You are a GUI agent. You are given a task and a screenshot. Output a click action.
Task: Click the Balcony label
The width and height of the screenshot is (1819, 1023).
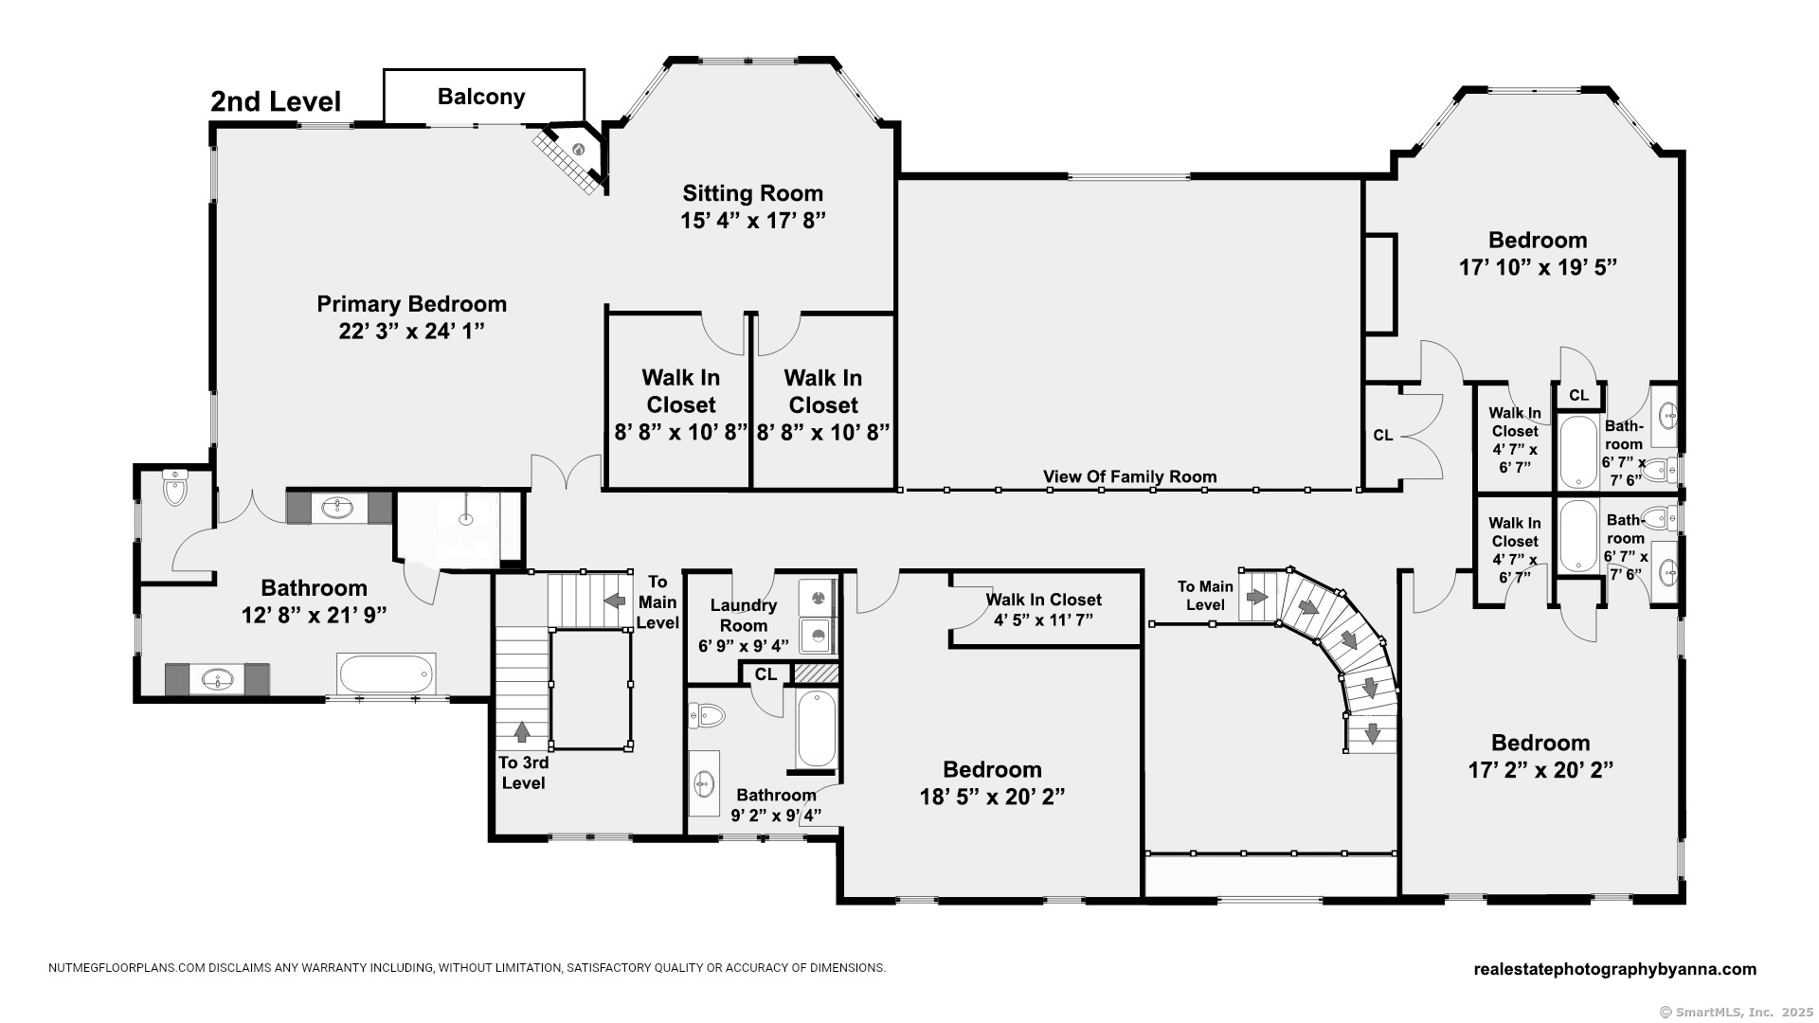pos(481,97)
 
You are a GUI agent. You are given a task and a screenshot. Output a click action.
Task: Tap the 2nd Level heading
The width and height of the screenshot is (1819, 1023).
pos(276,101)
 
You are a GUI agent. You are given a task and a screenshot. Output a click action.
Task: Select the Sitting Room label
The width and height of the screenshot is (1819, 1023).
pos(753,193)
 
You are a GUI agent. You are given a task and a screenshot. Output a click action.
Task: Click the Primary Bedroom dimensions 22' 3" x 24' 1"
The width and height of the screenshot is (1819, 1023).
pos(411,332)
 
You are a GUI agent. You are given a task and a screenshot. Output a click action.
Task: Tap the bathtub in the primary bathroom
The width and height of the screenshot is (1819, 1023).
pos(387,674)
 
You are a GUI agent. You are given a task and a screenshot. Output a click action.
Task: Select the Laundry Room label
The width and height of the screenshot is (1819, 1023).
pos(744,615)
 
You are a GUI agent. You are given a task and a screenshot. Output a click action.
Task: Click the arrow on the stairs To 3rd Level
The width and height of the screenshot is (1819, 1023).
pos(521,731)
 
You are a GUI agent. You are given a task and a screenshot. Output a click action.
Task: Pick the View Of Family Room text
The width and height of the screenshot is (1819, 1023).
pos(1130,476)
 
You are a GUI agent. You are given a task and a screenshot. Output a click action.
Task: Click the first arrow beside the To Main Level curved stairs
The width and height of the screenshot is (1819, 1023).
pos(1256,597)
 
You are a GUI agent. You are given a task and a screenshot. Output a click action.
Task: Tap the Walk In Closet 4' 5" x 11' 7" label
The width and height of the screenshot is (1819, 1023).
pos(1043,609)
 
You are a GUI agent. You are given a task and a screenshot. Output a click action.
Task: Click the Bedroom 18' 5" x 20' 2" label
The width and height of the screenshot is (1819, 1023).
pos(992,783)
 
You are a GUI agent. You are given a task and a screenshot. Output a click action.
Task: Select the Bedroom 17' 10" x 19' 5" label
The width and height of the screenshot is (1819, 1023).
pos(1537,254)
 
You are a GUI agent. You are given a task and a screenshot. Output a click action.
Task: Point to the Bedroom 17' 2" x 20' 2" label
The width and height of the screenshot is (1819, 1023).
pos(1540,756)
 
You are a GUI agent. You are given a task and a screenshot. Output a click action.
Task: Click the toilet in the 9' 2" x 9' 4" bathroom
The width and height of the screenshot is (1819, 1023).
pos(707,714)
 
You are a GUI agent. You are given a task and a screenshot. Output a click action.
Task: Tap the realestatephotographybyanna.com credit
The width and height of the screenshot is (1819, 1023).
pos(1615,969)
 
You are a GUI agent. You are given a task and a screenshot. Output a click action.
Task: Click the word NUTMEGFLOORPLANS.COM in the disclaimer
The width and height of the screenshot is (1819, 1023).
pos(127,968)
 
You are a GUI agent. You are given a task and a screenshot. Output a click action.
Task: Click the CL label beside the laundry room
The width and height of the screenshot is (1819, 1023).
pos(765,674)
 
